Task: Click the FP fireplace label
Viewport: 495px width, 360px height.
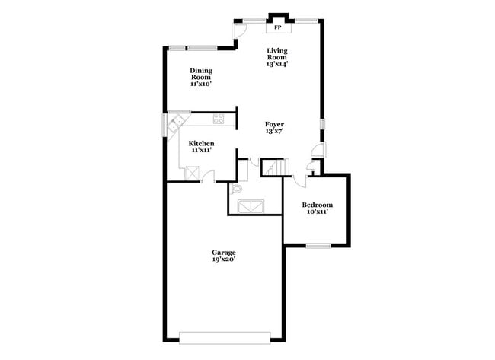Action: pyautogui.click(x=278, y=28)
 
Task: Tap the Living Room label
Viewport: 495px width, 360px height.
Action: pyautogui.click(x=276, y=54)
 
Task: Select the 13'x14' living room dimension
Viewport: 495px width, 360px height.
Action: pyautogui.click(x=276, y=65)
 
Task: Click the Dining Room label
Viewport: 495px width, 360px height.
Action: pyautogui.click(x=201, y=73)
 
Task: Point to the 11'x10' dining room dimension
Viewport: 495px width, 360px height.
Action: pyautogui.click(x=201, y=84)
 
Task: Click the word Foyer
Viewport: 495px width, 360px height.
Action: pyautogui.click(x=274, y=124)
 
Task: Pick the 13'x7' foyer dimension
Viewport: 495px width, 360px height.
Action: pyautogui.click(x=274, y=132)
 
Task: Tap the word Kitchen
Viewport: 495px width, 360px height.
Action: pyautogui.click(x=201, y=143)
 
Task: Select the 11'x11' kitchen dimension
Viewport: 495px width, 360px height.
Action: pyautogui.click(x=201, y=151)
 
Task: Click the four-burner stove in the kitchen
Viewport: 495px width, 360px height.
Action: pyautogui.click(x=219, y=119)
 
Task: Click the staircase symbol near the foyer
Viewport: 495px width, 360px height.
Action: pyautogui.click(x=273, y=167)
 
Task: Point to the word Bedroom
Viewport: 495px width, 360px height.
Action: pyautogui.click(x=317, y=205)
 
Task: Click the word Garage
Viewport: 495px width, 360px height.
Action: pyautogui.click(x=224, y=252)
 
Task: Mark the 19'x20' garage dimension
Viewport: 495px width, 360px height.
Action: pyautogui.click(x=224, y=260)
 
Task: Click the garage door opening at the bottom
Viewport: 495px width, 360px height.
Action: pyautogui.click(x=225, y=337)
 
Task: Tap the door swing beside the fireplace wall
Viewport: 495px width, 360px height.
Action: pyautogui.click(x=239, y=30)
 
